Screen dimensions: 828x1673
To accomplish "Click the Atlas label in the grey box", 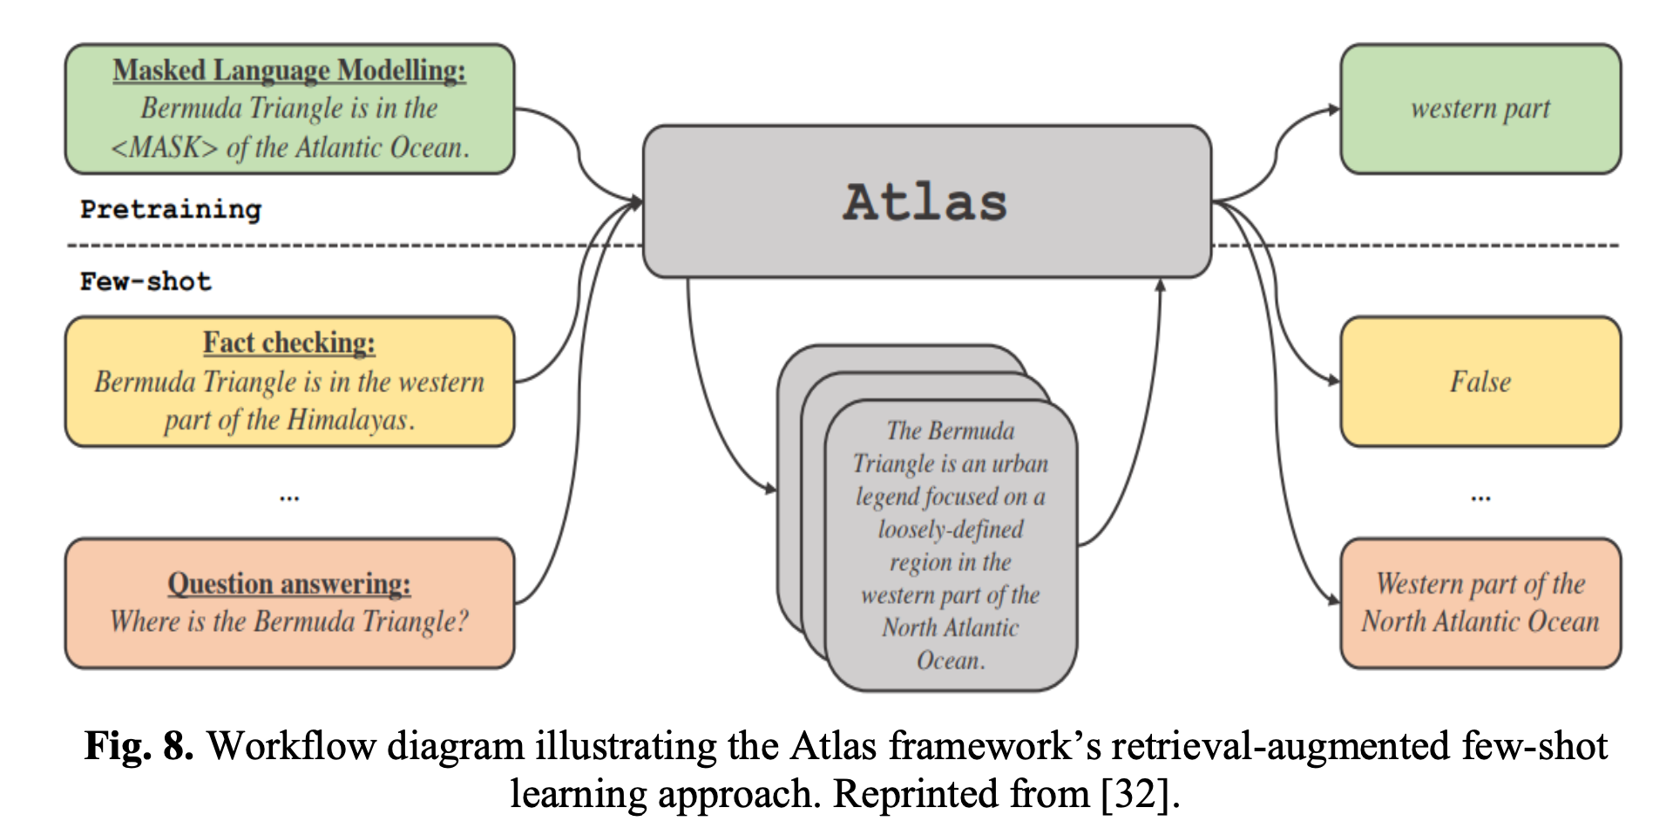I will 925,202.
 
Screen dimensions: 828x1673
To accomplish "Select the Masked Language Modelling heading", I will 289,71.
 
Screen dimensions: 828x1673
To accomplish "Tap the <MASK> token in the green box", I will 165,147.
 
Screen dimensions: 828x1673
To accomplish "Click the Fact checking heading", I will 289,343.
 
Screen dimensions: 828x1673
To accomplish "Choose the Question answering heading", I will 289,583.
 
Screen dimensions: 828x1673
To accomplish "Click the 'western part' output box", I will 1480,109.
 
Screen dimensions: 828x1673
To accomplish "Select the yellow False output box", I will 1480,382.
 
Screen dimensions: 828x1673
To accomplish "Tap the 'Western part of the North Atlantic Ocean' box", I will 1480,602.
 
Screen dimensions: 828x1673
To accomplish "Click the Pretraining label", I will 171,209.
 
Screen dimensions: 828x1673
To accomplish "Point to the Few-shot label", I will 146,282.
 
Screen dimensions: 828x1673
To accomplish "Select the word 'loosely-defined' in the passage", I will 950,529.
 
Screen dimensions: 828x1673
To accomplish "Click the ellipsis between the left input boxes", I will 289,498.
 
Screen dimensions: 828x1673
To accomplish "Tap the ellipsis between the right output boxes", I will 1480,498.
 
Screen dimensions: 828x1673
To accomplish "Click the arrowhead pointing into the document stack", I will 770,490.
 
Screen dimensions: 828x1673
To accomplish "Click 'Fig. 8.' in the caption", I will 139,747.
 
